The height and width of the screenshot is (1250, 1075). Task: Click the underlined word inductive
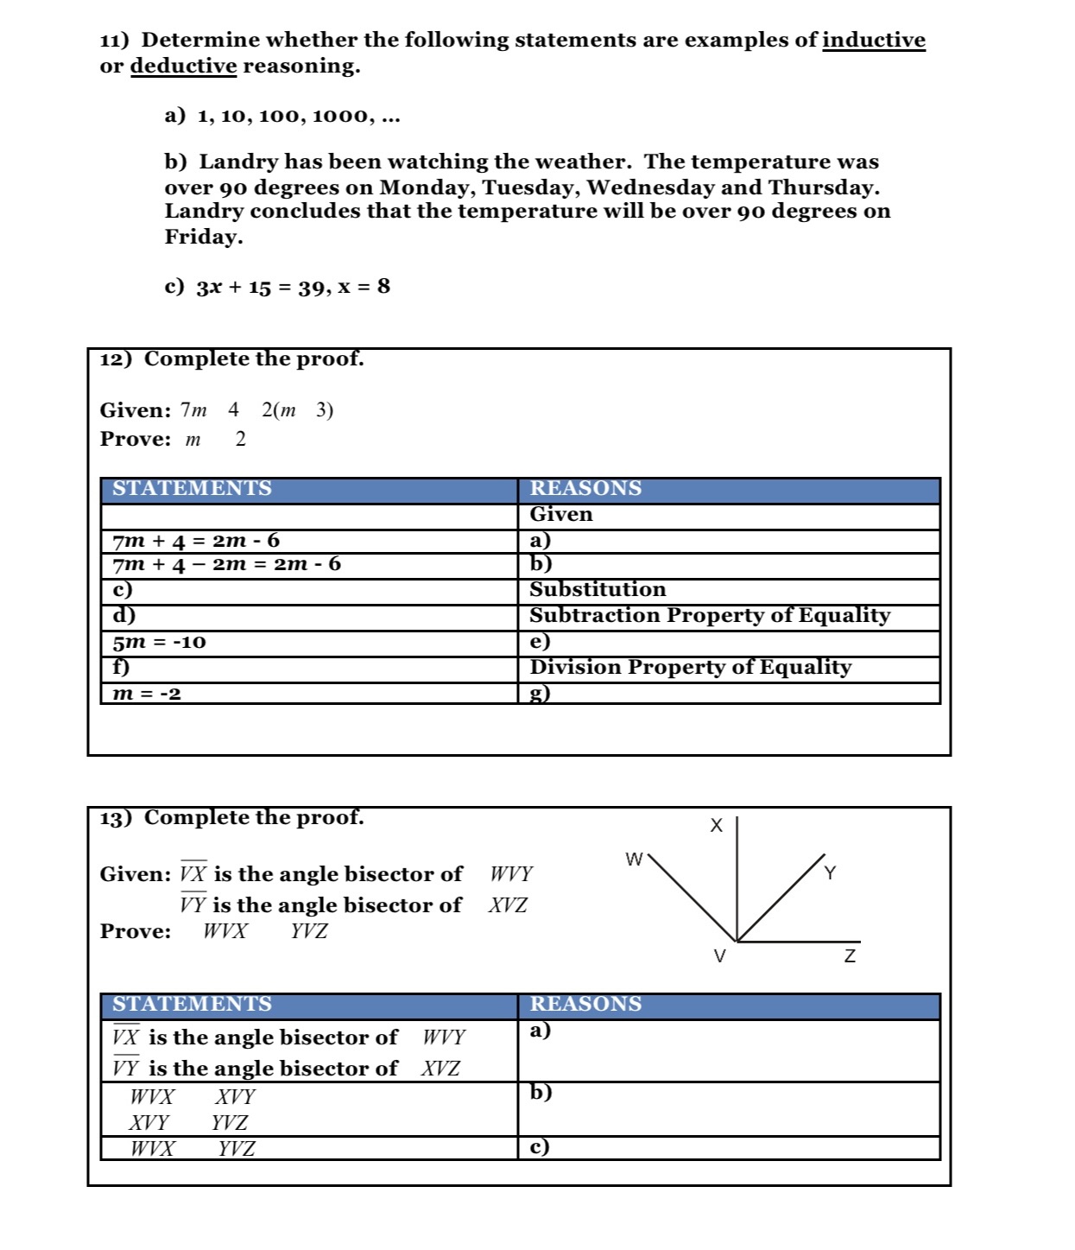pyautogui.click(x=873, y=41)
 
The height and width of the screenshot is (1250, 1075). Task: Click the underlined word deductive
pyautogui.click(x=183, y=67)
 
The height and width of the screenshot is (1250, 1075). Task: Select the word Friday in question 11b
pyautogui.click(x=204, y=237)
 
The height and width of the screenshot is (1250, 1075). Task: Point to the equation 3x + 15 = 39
pyautogui.click(x=256, y=287)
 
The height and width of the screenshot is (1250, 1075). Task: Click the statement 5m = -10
pyautogui.click(x=160, y=643)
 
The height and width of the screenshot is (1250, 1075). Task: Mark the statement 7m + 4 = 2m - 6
pyautogui.click(x=196, y=542)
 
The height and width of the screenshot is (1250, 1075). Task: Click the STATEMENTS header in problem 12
pyautogui.click(x=192, y=489)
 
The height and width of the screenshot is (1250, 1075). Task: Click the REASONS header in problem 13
pyautogui.click(x=585, y=1005)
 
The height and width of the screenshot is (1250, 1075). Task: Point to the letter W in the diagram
pyautogui.click(x=634, y=860)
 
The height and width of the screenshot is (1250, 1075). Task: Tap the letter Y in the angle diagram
pyautogui.click(x=830, y=873)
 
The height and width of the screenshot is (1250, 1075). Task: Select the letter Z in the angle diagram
pyautogui.click(x=850, y=956)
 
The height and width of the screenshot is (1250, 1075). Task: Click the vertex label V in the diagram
pyautogui.click(x=719, y=956)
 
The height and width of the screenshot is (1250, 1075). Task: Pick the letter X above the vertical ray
pyautogui.click(x=716, y=826)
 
